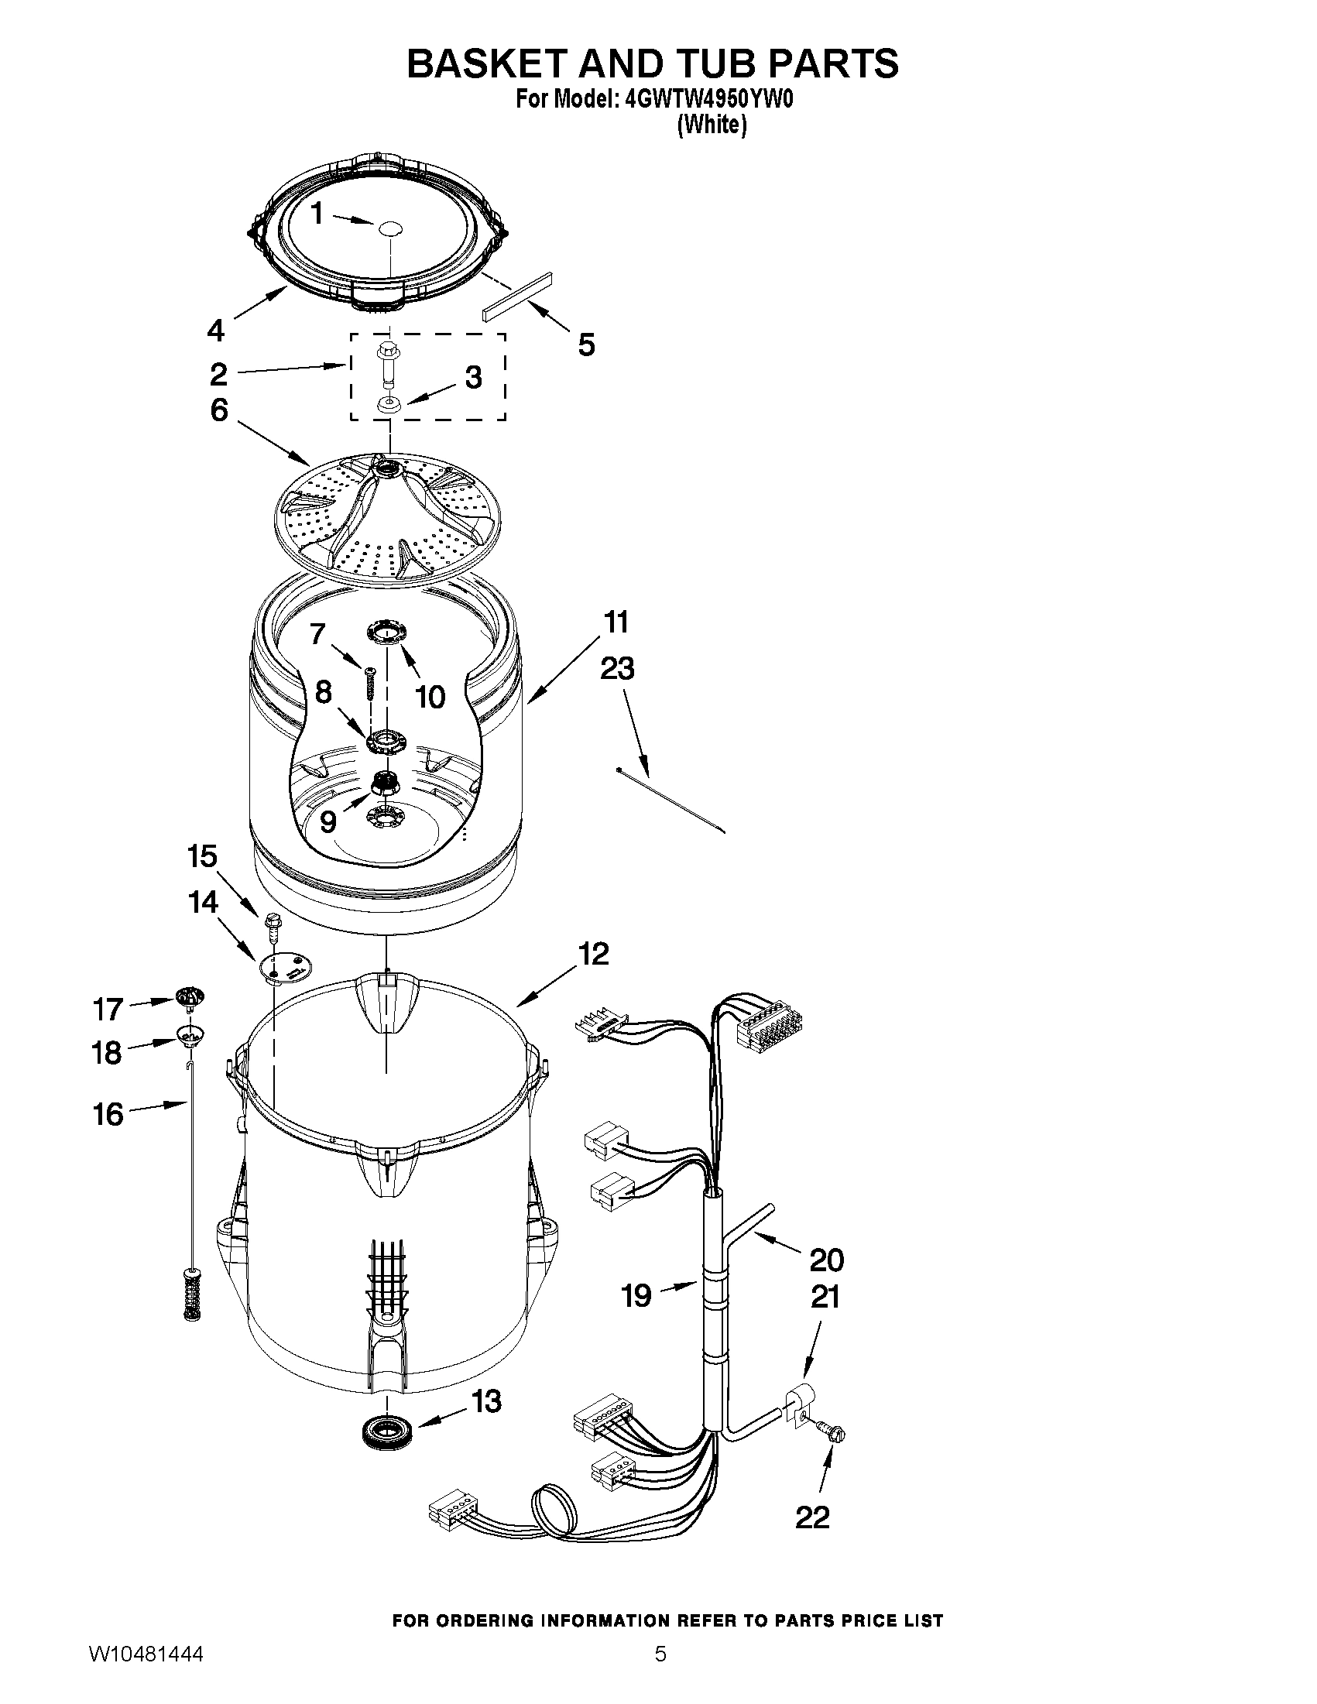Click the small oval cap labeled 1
tap(389, 227)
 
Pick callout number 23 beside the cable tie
tap(617, 669)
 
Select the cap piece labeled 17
tap(190, 996)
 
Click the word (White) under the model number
tap(712, 125)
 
